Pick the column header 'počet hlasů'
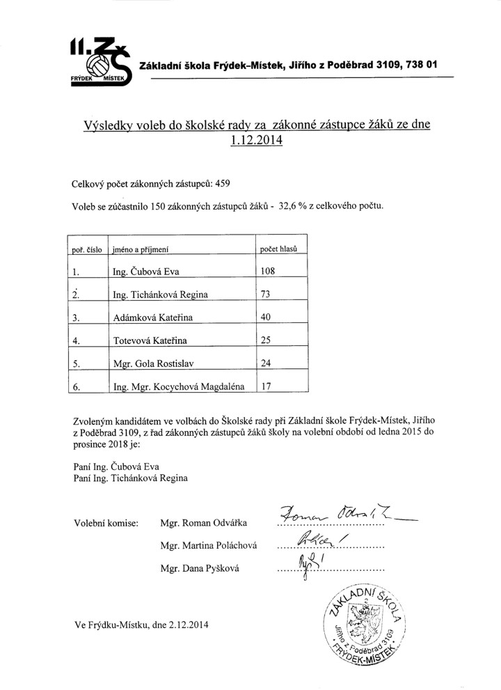tap(278, 248)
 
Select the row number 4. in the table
tap(77, 340)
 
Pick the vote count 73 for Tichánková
tap(264, 295)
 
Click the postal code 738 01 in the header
tap(417, 65)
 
